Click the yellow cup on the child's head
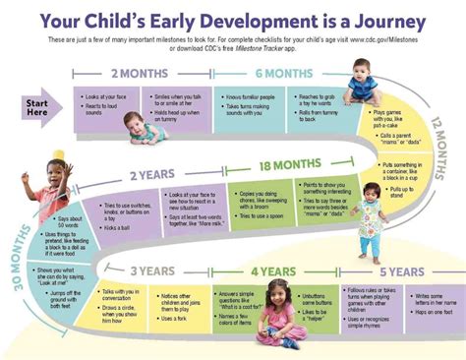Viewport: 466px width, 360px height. click(x=57, y=154)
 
